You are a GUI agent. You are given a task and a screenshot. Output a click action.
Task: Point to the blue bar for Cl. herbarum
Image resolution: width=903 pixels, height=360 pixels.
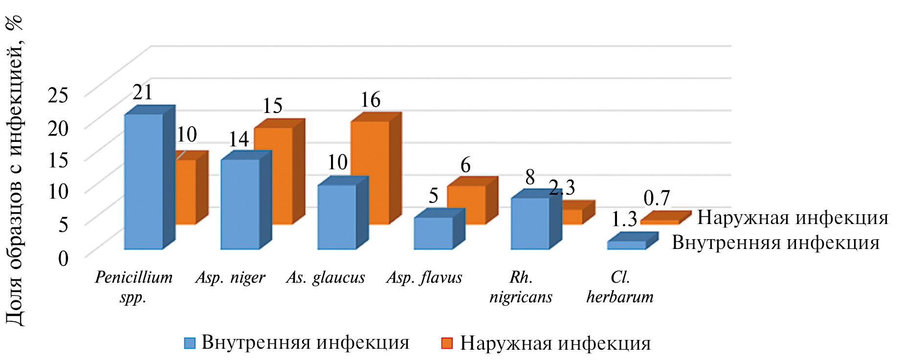[x=626, y=245]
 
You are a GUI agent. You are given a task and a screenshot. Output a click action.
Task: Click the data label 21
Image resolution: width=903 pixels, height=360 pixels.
[x=142, y=92]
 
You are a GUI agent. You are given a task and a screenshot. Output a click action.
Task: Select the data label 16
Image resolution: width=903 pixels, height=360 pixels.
[x=370, y=100]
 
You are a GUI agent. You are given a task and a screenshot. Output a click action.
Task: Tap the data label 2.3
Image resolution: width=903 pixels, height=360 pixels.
[x=562, y=187]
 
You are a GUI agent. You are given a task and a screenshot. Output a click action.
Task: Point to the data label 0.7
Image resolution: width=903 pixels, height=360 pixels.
[x=656, y=198]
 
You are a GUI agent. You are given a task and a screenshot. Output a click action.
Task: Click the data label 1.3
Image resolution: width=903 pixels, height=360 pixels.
[x=624, y=220]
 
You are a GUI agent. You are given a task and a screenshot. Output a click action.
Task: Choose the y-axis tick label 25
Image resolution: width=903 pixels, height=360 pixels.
[x=58, y=95]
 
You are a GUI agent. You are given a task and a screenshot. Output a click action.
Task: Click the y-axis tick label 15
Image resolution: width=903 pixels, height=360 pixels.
[x=58, y=160]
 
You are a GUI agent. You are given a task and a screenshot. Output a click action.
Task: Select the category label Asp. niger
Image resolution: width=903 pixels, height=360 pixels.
[x=230, y=278]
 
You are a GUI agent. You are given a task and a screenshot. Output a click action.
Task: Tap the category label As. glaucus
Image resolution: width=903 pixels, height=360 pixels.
[x=326, y=278]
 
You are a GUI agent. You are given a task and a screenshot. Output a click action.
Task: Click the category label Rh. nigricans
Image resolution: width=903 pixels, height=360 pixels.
[x=521, y=287]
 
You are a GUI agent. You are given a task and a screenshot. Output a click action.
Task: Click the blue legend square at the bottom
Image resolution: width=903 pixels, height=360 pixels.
[x=190, y=343]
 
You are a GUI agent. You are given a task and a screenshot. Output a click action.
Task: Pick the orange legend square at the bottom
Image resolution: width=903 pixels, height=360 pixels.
[x=447, y=343]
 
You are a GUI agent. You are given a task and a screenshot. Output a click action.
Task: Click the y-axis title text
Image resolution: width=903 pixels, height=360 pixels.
[x=15, y=171]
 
